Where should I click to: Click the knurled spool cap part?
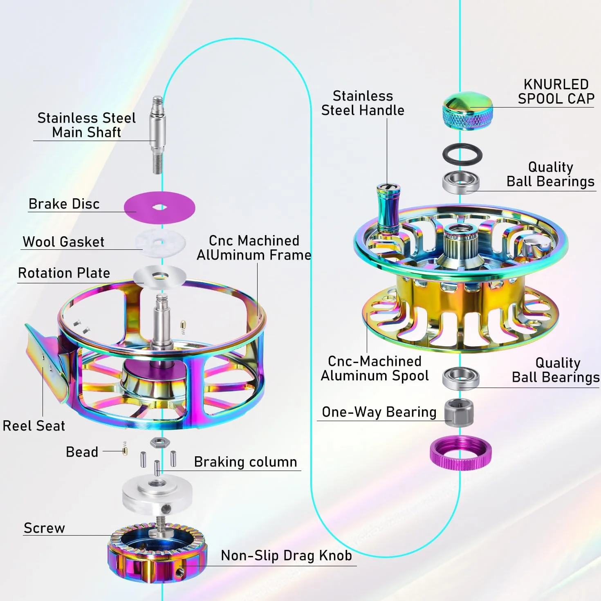pyautogui.click(x=468, y=111)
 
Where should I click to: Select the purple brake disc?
pyautogui.click(x=159, y=207)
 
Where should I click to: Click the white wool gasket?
pyautogui.click(x=160, y=242)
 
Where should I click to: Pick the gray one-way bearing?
pyautogui.click(x=458, y=413)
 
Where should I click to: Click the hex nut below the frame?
pyautogui.click(x=160, y=442)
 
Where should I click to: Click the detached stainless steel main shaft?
pyautogui.click(x=158, y=135)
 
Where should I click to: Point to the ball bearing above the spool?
pyautogui.click(x=461, y=182)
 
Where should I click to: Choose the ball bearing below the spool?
pyautogui.click(x=461, y=378)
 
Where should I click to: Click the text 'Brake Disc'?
pyautogui.click(x=64, y=204)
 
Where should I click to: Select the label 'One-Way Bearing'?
pyautogui.click(x=379, y=412)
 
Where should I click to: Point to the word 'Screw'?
pyautogui.click(x=44, y=528)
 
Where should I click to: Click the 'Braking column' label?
pyautogui.click(x=245, y=462)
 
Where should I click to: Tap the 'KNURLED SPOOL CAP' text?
pyautogui.click(x=556, y=92)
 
